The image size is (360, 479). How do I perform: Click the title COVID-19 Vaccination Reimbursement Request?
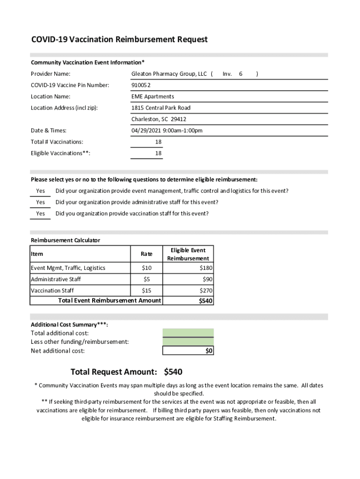[x=119, y=40]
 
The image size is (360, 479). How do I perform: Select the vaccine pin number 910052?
[x=141, y=85]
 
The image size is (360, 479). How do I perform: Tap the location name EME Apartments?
[x=152, y=96]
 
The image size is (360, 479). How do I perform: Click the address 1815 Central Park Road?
[x=161, y=108]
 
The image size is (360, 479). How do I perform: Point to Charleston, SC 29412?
[x=158, y=119]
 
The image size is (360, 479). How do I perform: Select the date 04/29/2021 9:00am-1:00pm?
[x=166, y=131]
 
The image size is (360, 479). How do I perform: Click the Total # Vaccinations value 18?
[x=158, y=142]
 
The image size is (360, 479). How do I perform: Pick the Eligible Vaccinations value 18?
[x=158, y=153]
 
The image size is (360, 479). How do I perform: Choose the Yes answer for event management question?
[x=41, y=191]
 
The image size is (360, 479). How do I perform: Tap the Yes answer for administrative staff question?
[x=41, y=203]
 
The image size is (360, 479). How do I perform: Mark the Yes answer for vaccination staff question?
[x=41, y=214]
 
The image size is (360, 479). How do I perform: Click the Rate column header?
[x=146, y=254]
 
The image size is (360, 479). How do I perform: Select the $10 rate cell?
[x=146, y=268]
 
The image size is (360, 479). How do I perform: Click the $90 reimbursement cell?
[x=207, y=279]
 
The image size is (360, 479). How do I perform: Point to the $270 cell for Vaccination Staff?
[x=206, y=290]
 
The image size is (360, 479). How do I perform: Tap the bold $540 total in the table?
[x=206, y=301]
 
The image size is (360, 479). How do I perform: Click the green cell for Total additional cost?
[x=188, y=333]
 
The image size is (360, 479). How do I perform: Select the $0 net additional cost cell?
[x=209, y=351]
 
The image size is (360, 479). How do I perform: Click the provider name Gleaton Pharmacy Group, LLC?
[x=169, y=74]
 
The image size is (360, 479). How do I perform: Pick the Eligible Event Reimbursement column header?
[x=188, y=254]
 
